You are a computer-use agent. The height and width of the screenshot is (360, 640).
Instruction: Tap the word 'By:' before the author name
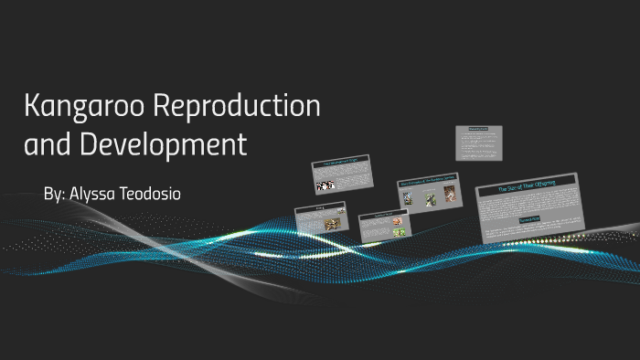(x=56, y=196)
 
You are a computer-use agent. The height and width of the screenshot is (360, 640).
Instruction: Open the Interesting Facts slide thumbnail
(x=478, y=143)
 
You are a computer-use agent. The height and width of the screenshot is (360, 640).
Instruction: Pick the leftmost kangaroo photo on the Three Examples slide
(x=408, y=197)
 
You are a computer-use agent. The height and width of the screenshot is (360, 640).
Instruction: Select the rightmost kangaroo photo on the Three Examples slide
(x=449, y=194)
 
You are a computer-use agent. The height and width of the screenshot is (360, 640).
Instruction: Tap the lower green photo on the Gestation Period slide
(x=399, y=232)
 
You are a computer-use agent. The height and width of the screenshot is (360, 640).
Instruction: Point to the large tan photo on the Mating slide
(x=332, y=223)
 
